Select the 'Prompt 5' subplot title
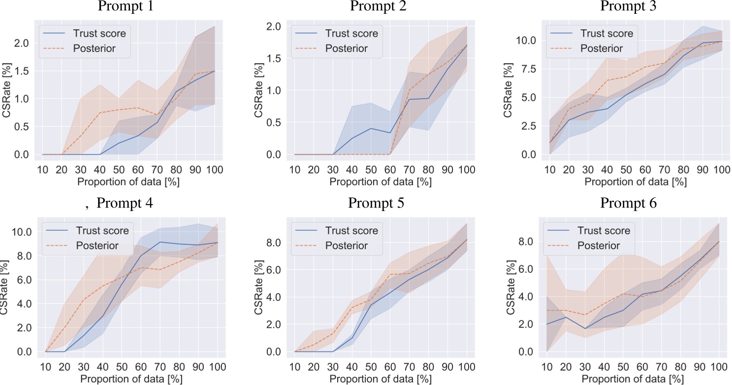pyautogui.click(x=377, y=203)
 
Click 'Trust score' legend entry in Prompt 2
pyautogui.click(x=350, y=33)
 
